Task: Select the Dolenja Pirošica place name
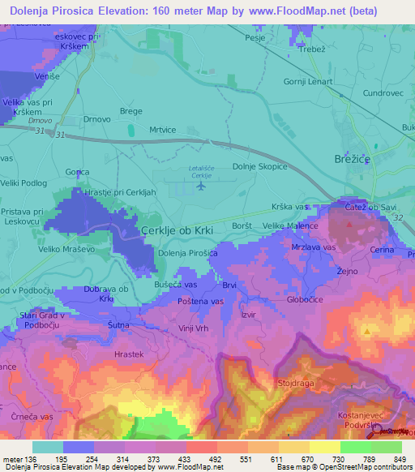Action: click(188, 254)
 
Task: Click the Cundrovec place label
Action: click(383, 93)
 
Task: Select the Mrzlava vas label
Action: click(313, 246)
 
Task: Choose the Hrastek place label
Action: click(129, 354)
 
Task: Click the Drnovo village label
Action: click(98, 119)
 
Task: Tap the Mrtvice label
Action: click(163, 128)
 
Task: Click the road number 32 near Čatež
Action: click(396, 217)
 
